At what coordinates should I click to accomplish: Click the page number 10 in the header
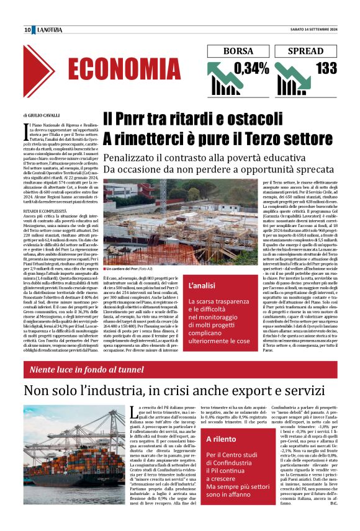point(28,30)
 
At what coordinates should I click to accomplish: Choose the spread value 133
point(325,68)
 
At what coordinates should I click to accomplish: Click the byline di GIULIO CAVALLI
point(42,115)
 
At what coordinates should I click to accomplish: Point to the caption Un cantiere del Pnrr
point(127,269)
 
